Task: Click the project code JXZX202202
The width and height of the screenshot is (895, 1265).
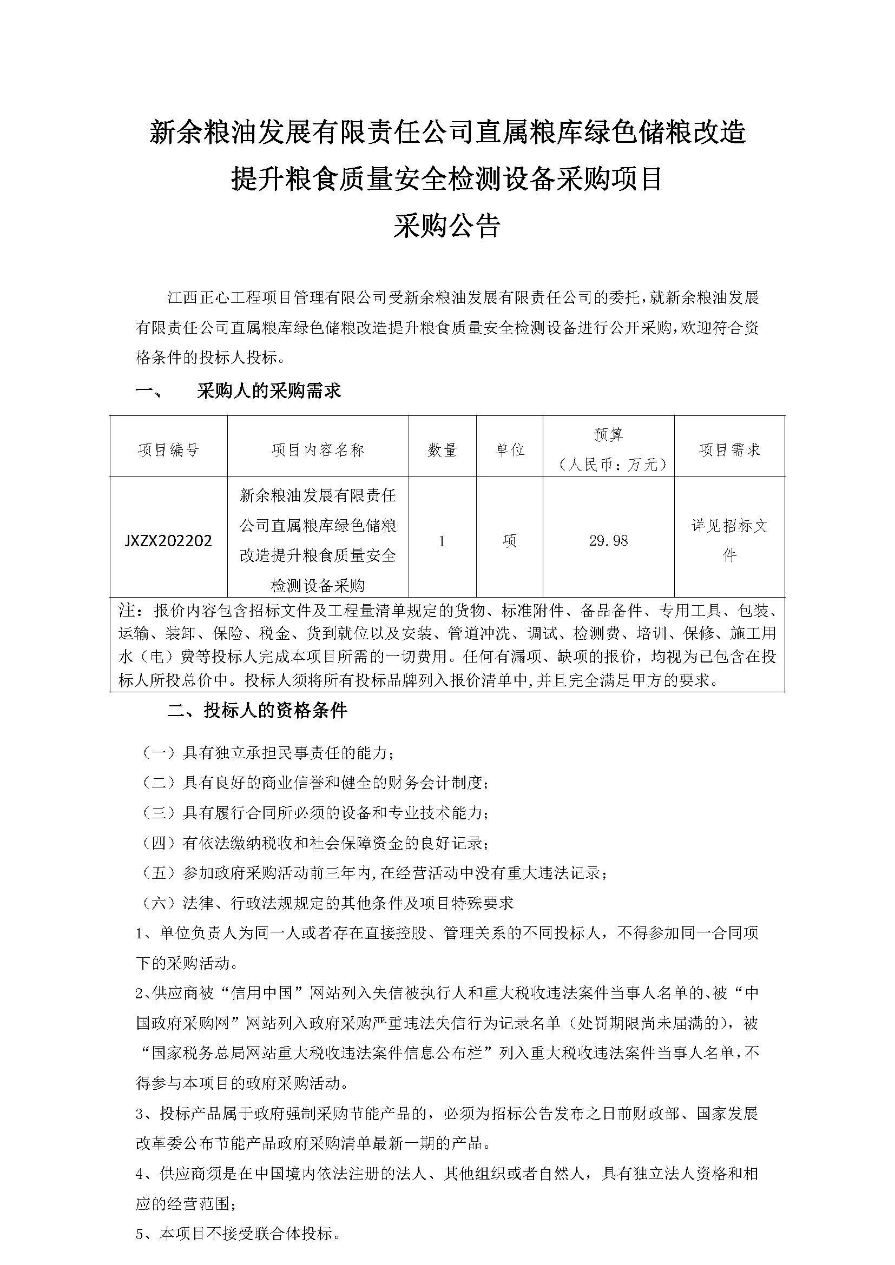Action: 168,540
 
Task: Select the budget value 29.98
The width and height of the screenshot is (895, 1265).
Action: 608,540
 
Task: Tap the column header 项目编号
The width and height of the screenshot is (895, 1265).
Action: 168,450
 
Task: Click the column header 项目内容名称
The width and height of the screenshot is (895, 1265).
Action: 318,450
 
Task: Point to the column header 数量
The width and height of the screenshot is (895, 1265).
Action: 442,450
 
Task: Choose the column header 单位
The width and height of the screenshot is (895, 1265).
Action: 509,450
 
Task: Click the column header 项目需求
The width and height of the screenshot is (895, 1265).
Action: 729,450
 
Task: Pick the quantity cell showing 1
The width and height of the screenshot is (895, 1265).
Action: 442,541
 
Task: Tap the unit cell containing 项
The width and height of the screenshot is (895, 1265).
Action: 509,541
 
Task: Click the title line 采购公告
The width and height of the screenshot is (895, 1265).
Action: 447,226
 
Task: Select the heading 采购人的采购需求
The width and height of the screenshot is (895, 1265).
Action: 269,390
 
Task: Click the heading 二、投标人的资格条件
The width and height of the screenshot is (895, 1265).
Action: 258,711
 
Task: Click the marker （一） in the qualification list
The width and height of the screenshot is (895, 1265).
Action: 159,753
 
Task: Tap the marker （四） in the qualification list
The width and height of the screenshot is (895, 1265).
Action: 159,843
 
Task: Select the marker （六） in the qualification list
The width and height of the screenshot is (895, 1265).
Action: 159,903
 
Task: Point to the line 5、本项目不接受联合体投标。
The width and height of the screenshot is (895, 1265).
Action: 238,1233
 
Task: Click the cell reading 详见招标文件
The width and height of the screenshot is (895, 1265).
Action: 729,540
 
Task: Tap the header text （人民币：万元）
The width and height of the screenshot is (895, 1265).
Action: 608,465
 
